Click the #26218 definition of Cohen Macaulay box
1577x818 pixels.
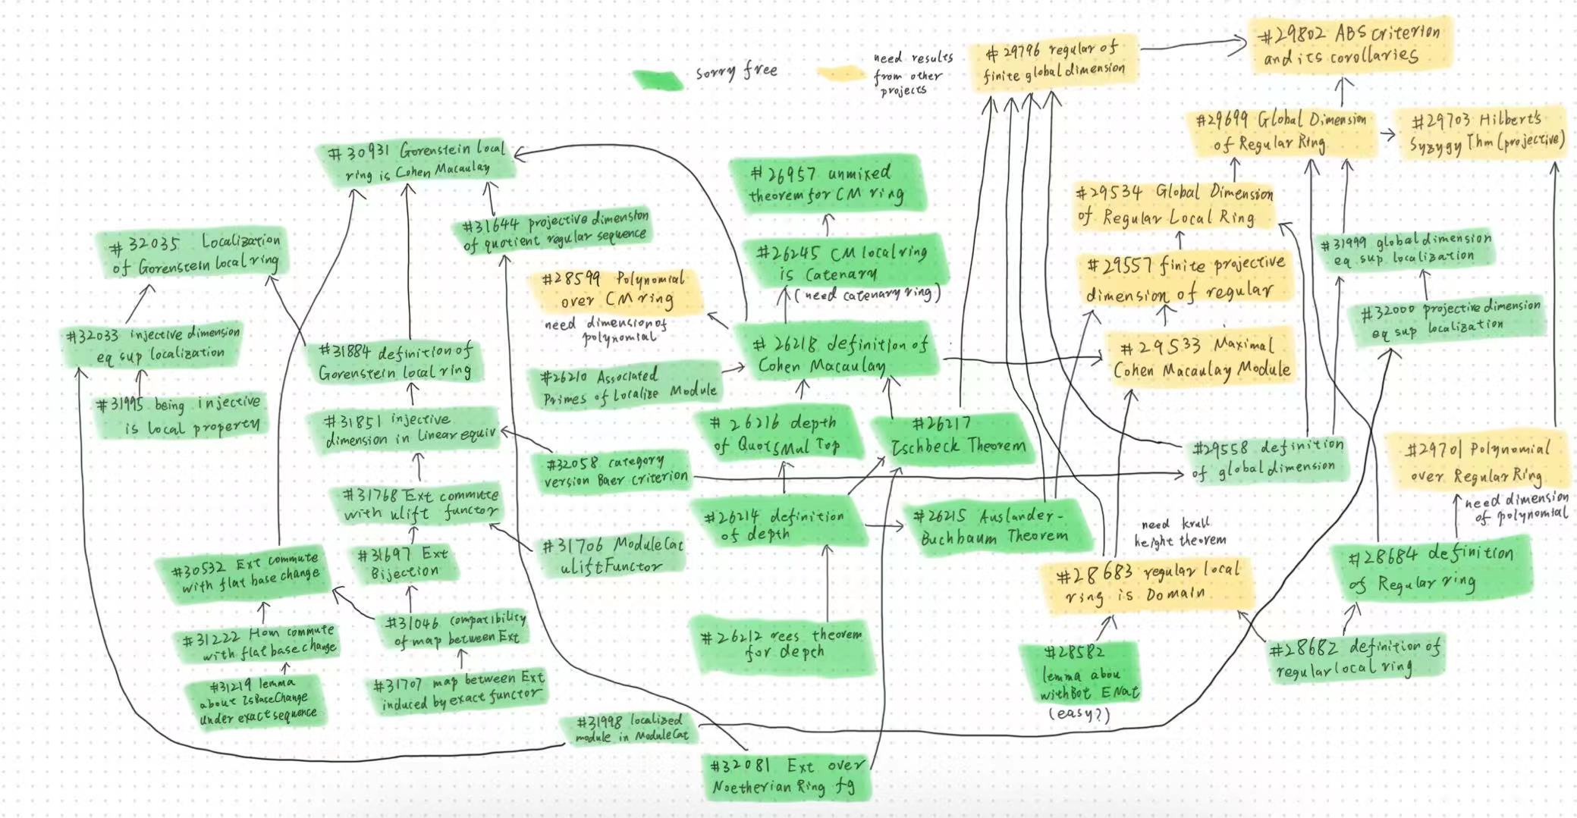(x=840, y=355)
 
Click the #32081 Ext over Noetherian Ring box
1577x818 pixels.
(x=785, y=776)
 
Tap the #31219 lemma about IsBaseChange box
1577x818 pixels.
(x=256, y=701)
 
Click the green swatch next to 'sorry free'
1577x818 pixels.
(x=658, y=79)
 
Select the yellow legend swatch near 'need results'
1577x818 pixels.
(x=840, y=74)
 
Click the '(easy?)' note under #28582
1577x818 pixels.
(x=1079, y=713)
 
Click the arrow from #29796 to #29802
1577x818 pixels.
(x=1193, y=47)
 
